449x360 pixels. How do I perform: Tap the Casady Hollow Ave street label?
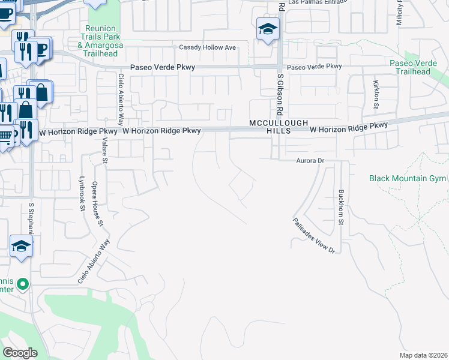click(208, 47)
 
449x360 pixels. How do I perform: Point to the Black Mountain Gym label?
click(408, 179)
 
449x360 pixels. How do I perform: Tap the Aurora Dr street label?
click(310, 161)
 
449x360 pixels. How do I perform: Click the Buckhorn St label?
click(341, 208)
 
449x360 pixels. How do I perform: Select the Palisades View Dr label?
click(314, 235)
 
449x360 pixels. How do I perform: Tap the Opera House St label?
click(97, 205)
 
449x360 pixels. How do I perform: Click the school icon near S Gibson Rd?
click(268, 29)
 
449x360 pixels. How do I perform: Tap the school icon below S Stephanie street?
click(22, 245)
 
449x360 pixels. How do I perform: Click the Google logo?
click(20, 353)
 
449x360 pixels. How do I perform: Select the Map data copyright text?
click(424, 355)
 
